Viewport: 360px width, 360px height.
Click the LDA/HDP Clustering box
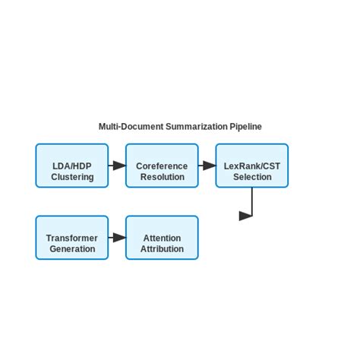[x=72, y=166]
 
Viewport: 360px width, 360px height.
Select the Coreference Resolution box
[x=162, y=166]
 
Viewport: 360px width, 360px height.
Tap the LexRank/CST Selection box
[x=252, y=166]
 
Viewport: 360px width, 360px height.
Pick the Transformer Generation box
[x=72, y=238]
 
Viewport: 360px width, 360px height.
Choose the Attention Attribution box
[x=162, y=238]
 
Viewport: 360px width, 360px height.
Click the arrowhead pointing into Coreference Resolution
[x=119, y=166]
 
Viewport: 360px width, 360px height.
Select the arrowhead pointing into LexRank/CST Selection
[x=209, y=166]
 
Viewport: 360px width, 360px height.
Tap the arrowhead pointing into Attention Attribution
[x=119, y=238]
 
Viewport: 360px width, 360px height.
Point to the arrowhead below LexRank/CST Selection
[x=245, y=216]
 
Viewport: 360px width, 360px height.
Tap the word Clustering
[x=72, y=177]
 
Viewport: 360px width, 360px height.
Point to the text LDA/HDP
[x=72, y=166]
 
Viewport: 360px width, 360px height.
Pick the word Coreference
[x=162, y=166]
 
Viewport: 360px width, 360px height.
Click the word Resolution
[x=162, y=177]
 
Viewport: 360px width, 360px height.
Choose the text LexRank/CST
[x=252, y=166]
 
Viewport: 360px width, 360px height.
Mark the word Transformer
[x=72, y=238]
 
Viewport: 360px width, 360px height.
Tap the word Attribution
[x=162, y=249]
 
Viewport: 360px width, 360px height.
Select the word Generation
[x=72, y=249]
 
